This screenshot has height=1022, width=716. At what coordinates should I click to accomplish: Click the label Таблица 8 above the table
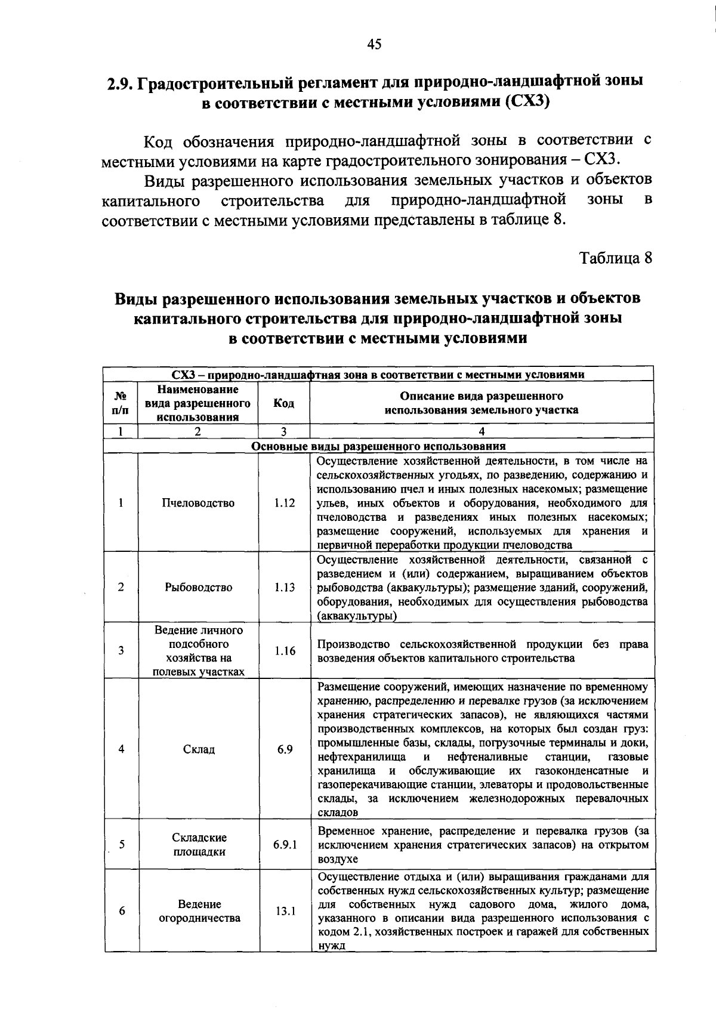[616, 258]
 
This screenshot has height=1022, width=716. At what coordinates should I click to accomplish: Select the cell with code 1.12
[284, 503]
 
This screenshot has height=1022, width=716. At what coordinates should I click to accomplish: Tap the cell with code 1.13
[284, 588]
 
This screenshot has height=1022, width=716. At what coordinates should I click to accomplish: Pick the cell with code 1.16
[284, 651]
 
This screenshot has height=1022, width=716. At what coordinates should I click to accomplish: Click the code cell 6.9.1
[285, 845]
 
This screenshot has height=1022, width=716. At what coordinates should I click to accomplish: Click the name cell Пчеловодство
[198, 503]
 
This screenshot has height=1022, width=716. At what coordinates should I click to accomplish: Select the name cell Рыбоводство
[198, 588]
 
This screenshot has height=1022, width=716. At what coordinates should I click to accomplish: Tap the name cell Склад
[198, 749]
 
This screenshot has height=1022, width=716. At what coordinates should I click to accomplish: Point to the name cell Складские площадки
[199, 845]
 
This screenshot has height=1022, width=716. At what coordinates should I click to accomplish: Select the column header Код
[283, 403]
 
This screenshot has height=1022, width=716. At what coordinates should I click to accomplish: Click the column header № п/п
[121, 403]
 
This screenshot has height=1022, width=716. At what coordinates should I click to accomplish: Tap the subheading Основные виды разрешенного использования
[378, 446]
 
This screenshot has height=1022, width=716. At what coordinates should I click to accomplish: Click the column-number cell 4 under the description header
[482, 432]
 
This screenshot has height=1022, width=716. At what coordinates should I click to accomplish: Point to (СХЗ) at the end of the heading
[526, 101]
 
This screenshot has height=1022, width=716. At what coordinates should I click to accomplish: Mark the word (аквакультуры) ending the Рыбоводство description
[357, 616]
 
